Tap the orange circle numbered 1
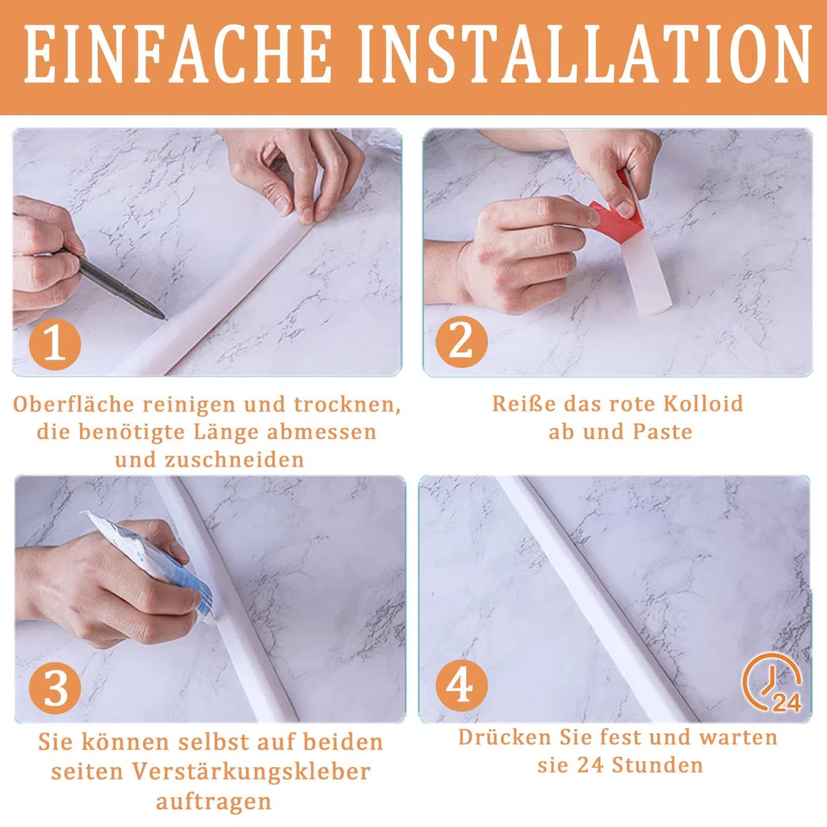pos(55,344)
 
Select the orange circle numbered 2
pos(461,342)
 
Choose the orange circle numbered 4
pos(461,685)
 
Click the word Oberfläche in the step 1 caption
pos(73,404)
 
